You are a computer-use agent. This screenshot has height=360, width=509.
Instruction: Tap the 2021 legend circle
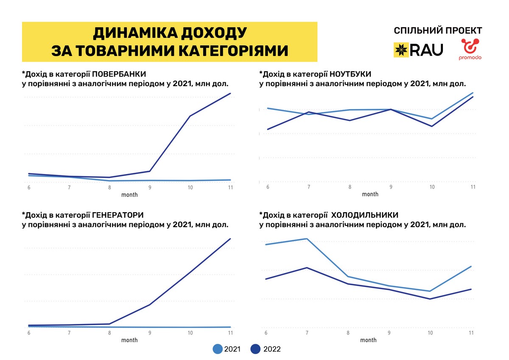(x=218, y=349)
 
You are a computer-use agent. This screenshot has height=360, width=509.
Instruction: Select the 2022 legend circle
(x=255, y=349)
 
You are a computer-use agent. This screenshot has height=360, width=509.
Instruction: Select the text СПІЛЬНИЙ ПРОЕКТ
(x=438, y=31)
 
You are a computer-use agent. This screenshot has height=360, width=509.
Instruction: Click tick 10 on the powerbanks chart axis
(x=190, y=188)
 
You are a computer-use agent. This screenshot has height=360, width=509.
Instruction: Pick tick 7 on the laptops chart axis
(x=308, y=187)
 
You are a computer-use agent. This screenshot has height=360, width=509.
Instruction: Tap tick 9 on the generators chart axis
(x=150, y=333)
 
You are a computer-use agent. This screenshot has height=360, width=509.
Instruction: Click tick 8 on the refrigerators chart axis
(x=348, y=333)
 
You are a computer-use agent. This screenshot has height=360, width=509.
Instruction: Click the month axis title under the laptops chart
(x=370, y=194)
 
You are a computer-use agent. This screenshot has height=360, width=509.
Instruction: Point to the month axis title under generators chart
(x=129, y=340)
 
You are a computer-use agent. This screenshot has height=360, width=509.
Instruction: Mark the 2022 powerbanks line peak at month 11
(x=230, y=93)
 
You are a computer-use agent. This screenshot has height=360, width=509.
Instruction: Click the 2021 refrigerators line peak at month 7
(x=306, y=239)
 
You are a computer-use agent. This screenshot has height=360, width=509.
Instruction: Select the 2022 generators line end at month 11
(x=230, y=239)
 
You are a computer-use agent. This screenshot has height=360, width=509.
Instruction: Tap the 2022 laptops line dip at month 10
(x=432, y=126)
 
